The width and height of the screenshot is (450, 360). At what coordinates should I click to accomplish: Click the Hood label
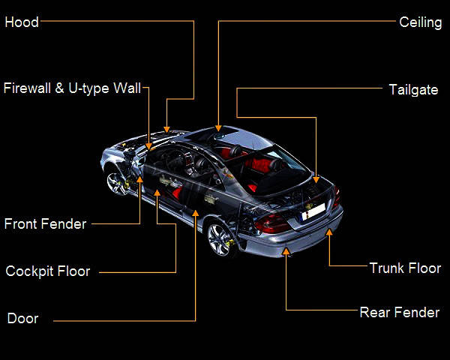coord(21,22)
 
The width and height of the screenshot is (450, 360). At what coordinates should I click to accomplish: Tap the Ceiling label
coord(420,22)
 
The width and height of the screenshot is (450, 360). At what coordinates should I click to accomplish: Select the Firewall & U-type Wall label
coord(72,89)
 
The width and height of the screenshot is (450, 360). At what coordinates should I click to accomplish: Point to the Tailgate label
coord(413,90)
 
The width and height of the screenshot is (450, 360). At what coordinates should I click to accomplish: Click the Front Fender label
coord(45,223)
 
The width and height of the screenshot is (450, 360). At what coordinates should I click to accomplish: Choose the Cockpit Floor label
coord(47,271)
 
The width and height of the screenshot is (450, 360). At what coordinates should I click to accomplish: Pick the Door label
coord(22,319)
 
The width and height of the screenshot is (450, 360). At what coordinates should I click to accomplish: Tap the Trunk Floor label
coord(405,268)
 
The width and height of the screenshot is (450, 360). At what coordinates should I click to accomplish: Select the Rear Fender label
coord(399,313)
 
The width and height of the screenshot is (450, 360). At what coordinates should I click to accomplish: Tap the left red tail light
coord(271,223)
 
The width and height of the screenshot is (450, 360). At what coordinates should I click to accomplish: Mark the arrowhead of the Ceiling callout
coord(218,128)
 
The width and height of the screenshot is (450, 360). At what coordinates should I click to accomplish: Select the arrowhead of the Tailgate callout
coord(316,179)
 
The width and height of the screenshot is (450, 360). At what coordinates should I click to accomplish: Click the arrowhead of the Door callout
coord(196,213)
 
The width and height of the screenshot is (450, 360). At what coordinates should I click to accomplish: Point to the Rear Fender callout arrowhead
coord(286,253)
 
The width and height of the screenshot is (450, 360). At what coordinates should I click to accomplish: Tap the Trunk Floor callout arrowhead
coord(328,232)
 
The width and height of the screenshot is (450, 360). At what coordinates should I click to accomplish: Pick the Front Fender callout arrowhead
coord(140,180)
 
